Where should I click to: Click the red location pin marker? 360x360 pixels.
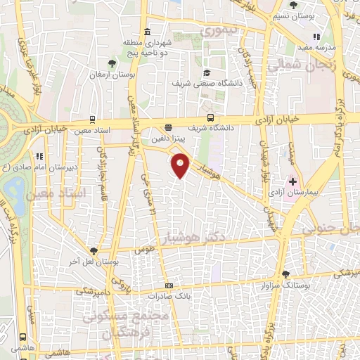(x=181, y=166)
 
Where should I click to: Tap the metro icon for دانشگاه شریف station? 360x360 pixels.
(x=210, y=118)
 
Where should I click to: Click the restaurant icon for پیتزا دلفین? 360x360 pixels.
(x=167, y=128)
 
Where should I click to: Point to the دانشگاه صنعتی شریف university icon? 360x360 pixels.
(x=206, y=72)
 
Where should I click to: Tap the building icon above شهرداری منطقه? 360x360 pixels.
(x=147, y=32)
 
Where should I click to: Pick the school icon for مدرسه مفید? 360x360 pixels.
(x=316, y=37)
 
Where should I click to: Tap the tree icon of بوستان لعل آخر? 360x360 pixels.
(x=94, y=250)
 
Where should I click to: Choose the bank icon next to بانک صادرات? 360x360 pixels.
(x=168, y=286)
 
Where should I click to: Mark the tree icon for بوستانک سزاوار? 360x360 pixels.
(x=285, y=274)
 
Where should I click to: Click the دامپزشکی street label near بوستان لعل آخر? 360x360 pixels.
(x=94, y=290)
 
